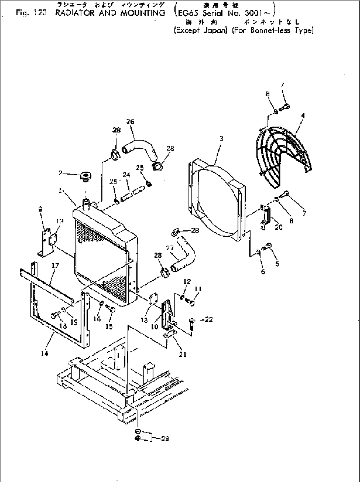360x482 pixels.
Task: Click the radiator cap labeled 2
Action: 86,176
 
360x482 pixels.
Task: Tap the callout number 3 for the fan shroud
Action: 221,139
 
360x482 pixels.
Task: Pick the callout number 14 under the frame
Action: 45,353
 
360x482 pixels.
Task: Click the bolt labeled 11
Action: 191,301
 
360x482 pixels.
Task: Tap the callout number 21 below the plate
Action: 183,354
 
